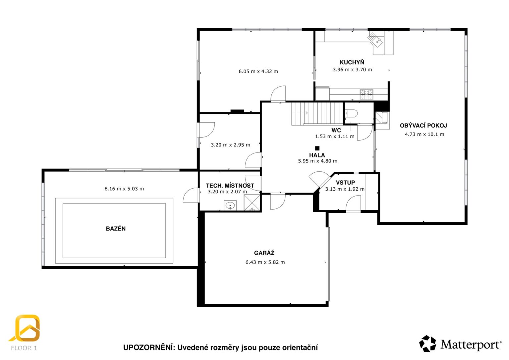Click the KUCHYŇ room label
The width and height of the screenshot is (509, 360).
coord(352,62)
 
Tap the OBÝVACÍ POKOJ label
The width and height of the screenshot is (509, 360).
coord(423,125)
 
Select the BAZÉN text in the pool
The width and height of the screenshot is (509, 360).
coord(116,228)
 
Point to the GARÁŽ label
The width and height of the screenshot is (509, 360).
coord(264,253)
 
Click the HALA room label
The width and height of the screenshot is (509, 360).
coord(317,155)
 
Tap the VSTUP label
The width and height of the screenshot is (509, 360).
coord(345,183)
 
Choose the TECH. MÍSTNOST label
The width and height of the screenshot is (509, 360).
coord(230,186)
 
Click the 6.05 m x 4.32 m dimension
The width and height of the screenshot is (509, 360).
coord(258,71)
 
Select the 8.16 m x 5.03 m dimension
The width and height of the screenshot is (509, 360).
coord(124,189)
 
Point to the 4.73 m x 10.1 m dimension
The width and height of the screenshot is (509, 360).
coord(424,134)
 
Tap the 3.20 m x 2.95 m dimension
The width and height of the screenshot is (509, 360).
coord(230,145)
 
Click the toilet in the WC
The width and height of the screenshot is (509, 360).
coord(351,113)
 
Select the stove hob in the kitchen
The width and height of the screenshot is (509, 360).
coord(366,94)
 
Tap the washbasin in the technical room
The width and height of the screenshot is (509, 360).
coord(230,206)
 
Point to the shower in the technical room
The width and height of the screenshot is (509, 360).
coord(252,203)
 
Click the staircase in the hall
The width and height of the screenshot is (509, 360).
coord(317,114)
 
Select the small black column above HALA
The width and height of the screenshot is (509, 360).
coord(317,148)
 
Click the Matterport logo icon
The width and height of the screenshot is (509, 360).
coord(427,343)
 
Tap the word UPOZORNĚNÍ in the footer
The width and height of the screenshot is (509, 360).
coord(148,347)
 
